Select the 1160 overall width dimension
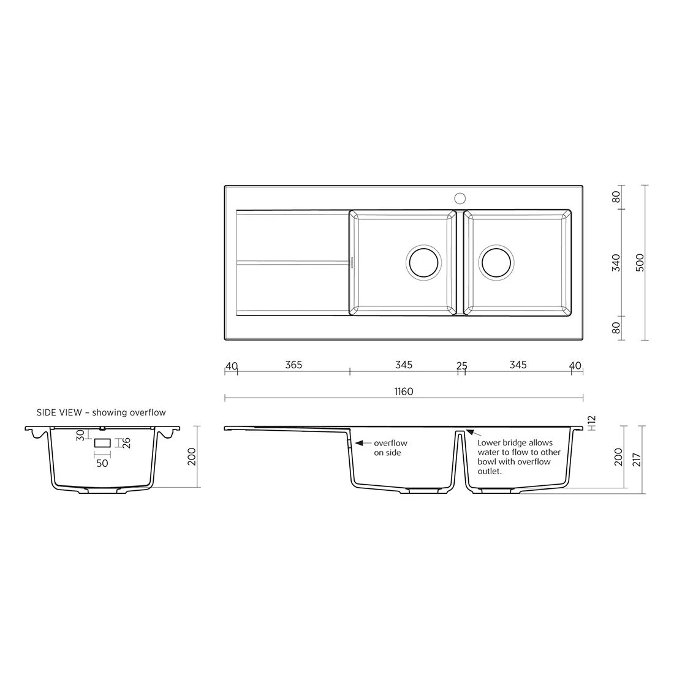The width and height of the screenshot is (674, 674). pos(404,392)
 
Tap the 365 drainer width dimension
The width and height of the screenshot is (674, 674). pos(293,365)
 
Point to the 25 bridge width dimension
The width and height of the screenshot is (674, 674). pos(461,366)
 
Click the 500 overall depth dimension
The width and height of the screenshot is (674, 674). pos(640,263)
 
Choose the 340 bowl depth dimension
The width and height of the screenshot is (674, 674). pos(616,263)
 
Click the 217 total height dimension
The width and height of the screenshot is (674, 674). pos(637,460)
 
